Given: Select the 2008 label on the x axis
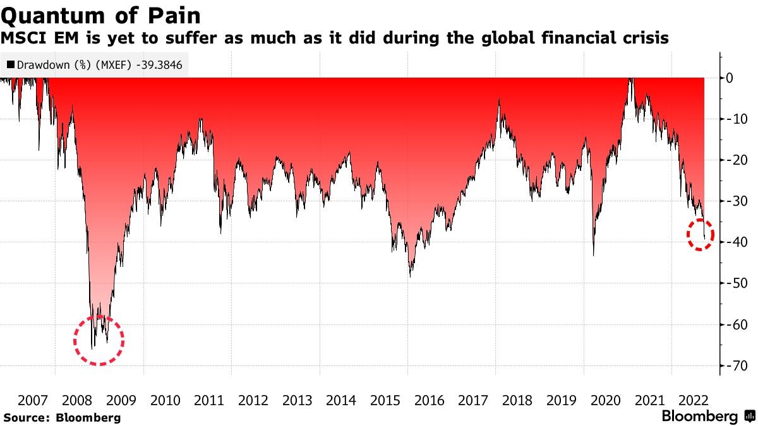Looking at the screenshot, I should click(77, 400).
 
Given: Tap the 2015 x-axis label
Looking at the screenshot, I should click(385, 400).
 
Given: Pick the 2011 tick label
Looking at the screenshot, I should click(209, 400).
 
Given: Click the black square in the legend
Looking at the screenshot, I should click(11, 64).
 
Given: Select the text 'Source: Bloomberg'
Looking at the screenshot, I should click(61, 417).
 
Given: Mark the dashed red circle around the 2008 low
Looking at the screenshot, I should click(99, 340).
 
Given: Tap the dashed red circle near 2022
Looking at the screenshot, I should click(700, 234).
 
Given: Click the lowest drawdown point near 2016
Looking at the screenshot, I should click(410, 276).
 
